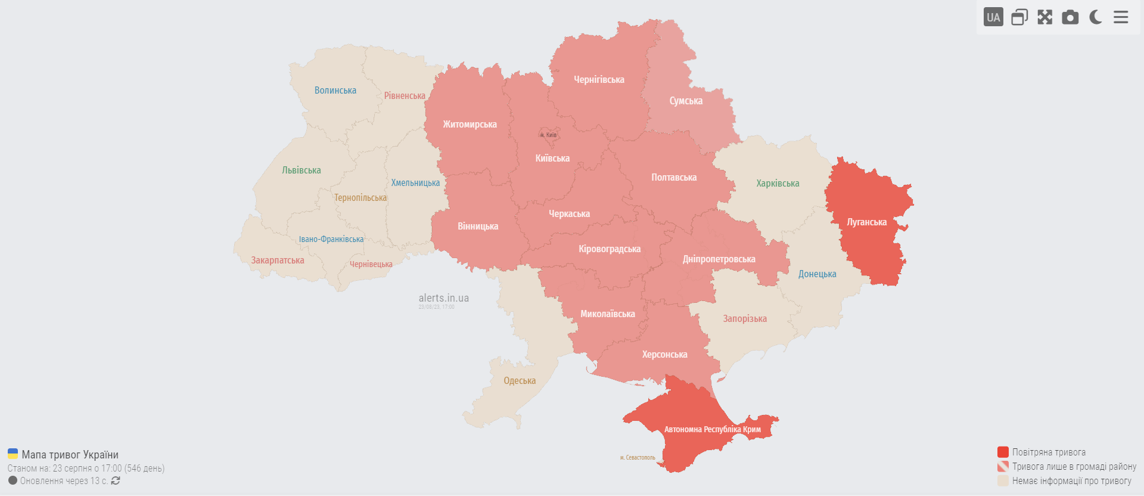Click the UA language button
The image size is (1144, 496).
click(x=993, y=17)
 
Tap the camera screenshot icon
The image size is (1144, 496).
click(x=1070, y=17)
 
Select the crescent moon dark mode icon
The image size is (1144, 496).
click(x=1095, y=17)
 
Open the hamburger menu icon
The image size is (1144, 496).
click(x=1121, y=17)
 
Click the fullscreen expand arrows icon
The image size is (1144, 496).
click(x=1044, y=17)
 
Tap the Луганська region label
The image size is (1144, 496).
click(x=866, y=222)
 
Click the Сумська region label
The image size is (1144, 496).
click(x=686, y=101)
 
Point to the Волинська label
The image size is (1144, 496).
click(x=335, y=91)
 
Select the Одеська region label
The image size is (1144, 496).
click(x=520, y=381)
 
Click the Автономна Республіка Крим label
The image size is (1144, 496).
click(x=712, y=429)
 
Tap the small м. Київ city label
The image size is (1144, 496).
click(x=548, y=135)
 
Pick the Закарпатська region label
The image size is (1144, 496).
click(x=278, y=261)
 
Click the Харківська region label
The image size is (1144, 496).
click(x=778, y=184)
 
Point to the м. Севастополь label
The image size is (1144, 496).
click(x=637, y=458)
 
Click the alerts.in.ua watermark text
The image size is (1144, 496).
click(x=443, y=298)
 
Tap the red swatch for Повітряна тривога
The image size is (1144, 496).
click(x=1003, y=452)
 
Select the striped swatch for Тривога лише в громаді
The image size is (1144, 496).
click(x=1003, y=466)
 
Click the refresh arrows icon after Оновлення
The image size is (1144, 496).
click(x=116, y=480)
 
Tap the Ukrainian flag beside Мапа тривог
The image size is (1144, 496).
click(x=13, y=454)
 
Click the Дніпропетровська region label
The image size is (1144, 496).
click(x=719, y=259)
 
